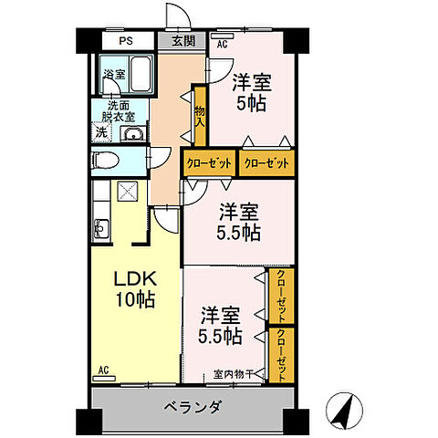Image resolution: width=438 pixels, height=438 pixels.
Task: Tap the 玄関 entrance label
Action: pyautogui.click(x=182, y=40)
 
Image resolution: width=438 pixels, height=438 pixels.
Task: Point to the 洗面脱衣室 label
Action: pyautogui.click(x=118, y=110)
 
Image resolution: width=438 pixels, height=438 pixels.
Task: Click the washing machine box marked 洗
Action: pyautogui.click(x=99, y=133)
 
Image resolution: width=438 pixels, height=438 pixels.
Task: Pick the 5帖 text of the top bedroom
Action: pyautogui.click(x=250, y=102)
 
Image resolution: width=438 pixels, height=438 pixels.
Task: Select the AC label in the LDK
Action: pyautogui.click(x=102, y=370)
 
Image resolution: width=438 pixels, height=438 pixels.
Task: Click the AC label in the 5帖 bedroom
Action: pyautogui.click(x=222, y=43)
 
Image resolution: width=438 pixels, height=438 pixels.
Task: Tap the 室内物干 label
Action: pyautogui.click(x=235, y=372)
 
